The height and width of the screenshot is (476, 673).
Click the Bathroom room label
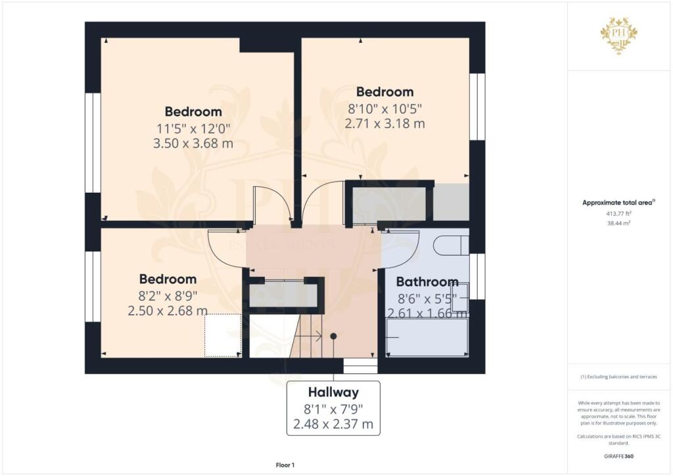tap(427, 281)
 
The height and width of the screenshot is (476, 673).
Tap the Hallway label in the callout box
tap(333, 393)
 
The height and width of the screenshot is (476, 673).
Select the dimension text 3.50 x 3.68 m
tap(193, 143)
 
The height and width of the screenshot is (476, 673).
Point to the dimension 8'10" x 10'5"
tap(384, 108)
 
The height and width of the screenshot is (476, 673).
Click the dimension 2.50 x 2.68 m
tap(168, 310)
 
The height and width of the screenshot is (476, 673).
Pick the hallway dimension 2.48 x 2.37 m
tap(333, 425)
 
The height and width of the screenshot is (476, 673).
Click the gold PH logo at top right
tap(619, 35)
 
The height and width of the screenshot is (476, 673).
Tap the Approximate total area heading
tap(618, 202)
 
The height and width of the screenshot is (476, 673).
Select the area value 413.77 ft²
tap(618, 213)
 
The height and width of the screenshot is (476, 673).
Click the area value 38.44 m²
tap(618, 223)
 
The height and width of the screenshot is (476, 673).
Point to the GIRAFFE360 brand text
tap(618, 456)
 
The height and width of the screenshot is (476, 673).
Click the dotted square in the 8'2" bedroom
tap(222, 335)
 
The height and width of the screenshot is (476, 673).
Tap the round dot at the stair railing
tap(333, 336)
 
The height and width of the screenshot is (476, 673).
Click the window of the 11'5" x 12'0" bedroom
tap(93, 143)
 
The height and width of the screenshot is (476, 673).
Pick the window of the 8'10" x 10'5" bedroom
tap(477, 107)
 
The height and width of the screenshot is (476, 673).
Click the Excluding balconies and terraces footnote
tap(618, 377)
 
